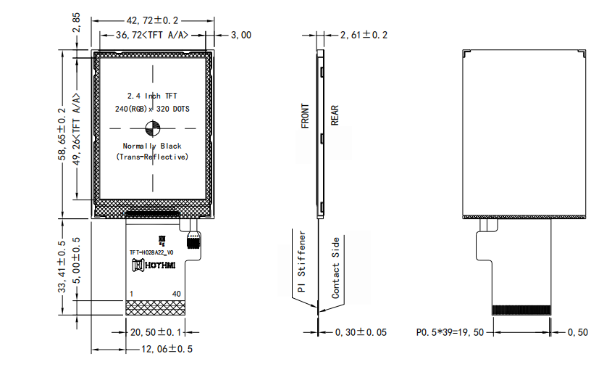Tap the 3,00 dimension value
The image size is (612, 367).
[240, 35]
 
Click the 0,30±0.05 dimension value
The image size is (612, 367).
[361, 332]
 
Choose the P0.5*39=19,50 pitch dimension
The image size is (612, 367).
[454, 332]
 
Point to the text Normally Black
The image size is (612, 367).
[152, 146]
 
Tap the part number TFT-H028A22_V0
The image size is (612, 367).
[151, 253]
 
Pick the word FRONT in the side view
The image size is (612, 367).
[305, 116]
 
